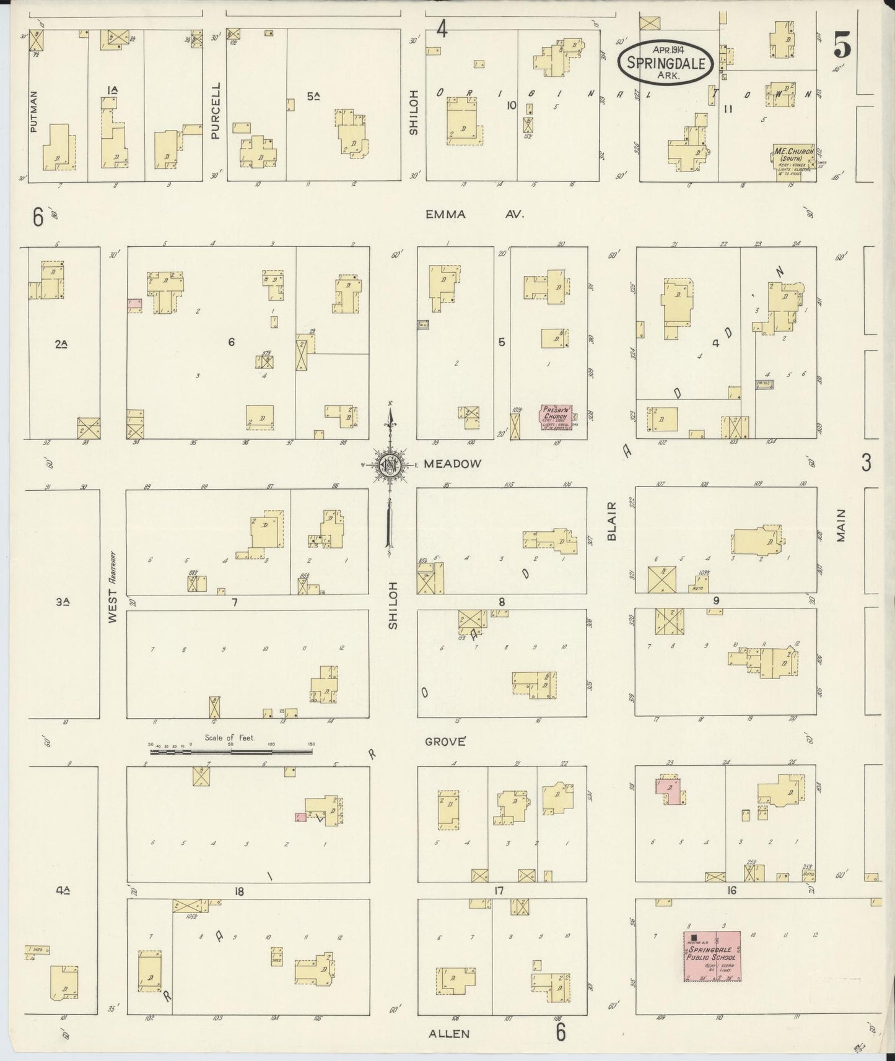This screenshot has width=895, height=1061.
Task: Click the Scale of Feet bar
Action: coord(231,752)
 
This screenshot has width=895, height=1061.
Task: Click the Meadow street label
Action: coord(452,464)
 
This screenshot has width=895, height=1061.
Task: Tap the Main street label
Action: coord(840,526)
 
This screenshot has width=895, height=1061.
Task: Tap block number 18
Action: coord(238,891)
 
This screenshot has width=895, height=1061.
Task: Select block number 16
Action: coord(732,890)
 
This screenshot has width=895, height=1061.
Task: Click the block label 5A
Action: coord(313,95)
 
